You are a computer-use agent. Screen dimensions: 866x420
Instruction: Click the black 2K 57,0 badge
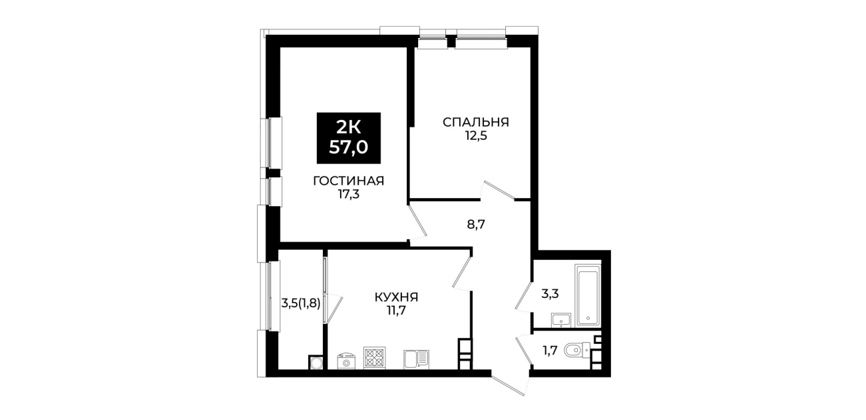(349, 138)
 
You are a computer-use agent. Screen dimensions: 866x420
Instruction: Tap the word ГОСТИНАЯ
(348, 181)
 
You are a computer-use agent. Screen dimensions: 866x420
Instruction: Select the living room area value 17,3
(349, 194)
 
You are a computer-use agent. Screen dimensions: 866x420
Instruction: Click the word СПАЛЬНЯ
(475, 122)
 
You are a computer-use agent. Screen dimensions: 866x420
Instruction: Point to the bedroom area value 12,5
(475, 136)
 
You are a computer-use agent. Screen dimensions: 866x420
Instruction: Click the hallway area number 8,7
(476, 225)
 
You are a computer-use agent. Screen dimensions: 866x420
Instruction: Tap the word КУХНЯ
(396, 297)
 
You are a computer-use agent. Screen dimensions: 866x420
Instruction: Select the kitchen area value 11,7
(396, 311)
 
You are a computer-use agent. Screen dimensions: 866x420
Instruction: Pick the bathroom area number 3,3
(550, 294)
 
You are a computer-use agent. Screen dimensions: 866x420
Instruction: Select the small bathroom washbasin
(561, 320)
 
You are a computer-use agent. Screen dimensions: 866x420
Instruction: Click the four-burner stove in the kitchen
(374, 358)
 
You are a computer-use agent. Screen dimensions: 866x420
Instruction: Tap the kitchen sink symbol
(417, 359)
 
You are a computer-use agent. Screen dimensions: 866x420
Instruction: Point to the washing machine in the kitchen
(346, 361)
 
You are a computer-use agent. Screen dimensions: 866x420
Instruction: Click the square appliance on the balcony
(316, 363)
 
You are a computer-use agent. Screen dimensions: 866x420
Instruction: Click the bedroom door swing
(498, 191)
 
